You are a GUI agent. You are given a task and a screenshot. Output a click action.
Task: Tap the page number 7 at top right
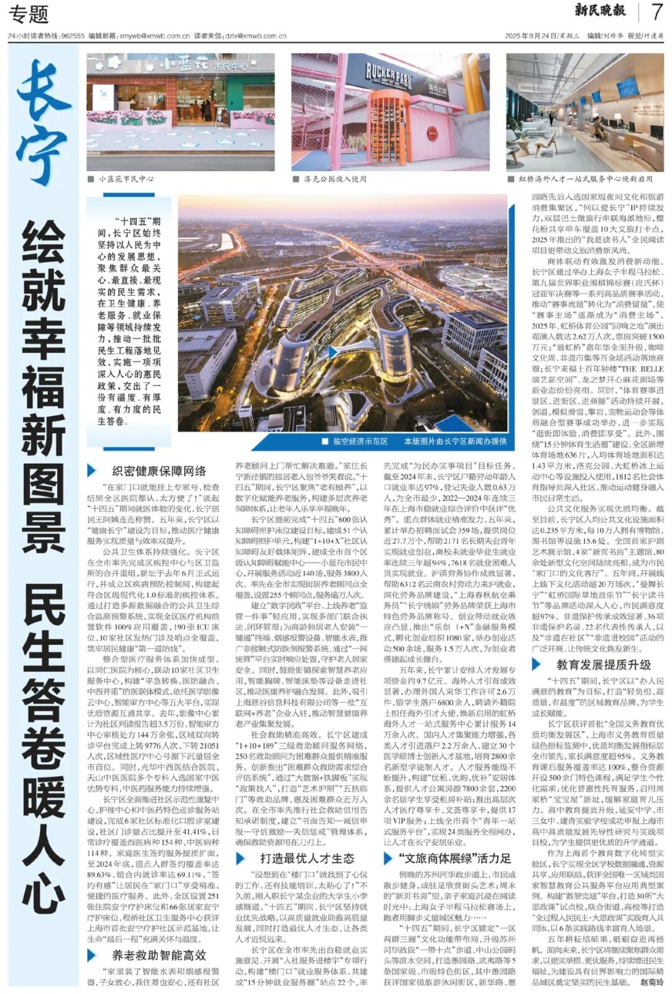click(656, 12)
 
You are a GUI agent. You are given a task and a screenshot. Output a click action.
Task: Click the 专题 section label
click(28, 14)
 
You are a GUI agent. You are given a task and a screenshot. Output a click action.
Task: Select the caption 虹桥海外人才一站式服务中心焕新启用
click(586, 179)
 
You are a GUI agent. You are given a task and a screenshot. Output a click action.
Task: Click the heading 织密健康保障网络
click(159, 471)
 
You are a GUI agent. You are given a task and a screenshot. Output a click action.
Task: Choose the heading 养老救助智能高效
click(159, 955)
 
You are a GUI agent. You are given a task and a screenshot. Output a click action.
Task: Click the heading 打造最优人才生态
click(307, 859)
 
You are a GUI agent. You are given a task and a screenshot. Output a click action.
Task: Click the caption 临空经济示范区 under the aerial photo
click(360, 441)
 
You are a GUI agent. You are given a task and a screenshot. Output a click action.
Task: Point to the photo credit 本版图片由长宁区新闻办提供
click(455, 441)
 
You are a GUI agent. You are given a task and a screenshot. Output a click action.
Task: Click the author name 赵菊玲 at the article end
click(651, 982)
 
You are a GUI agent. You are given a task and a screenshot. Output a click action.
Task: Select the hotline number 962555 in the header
click(73, 36)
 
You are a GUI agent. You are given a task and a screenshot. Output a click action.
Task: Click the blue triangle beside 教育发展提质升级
click(537, 665)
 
